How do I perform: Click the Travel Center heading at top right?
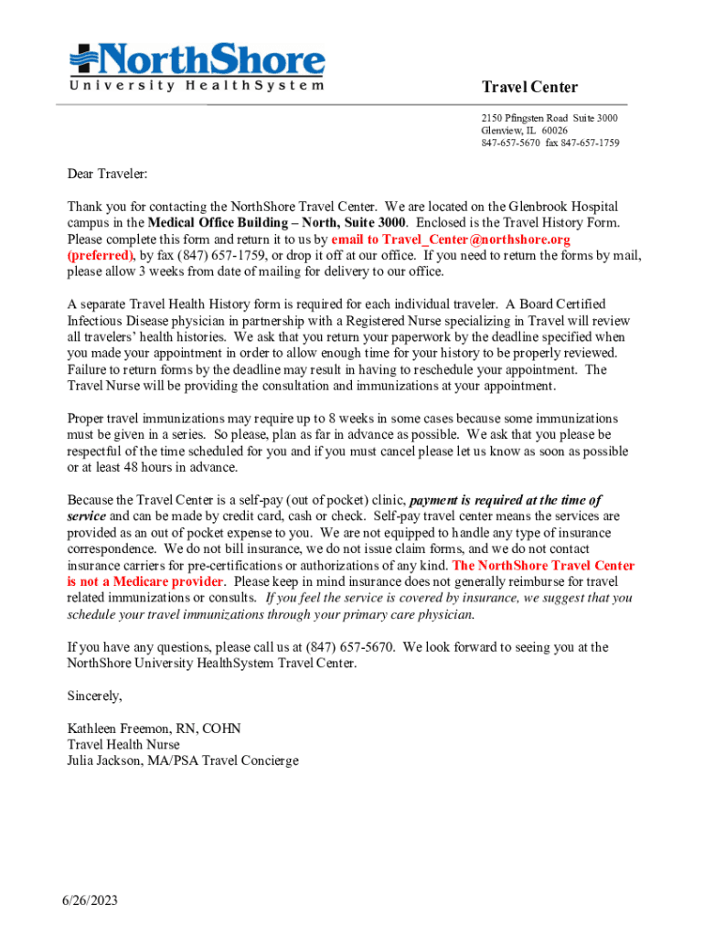[x=529, y=87]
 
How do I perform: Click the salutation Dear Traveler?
[x=107, y=174]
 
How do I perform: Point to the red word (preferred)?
[x=101, y=255]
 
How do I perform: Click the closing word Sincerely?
[x=94, y=696]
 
